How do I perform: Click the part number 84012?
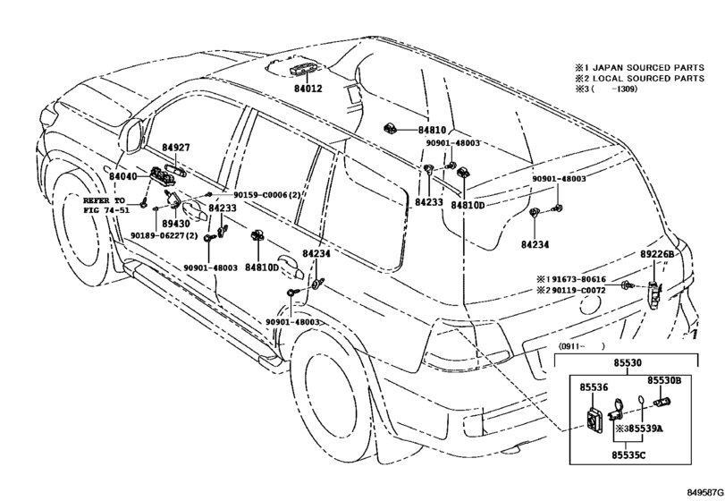[x=308, y=89]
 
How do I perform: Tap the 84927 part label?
[x=176, y=148]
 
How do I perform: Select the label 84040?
[x=123, y=176]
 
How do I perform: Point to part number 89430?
[x=176, y=224]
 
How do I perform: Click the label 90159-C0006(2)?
[x=266, y=195]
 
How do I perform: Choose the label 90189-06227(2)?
[x=164, y=236]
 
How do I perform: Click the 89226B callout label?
[x=657, y=254]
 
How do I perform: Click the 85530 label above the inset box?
[x=628, y=363]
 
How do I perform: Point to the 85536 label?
[x=594, y=387]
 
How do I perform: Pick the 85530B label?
[x=664, y=380]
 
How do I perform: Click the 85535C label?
[x=628, y=455]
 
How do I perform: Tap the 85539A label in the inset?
[x=645, y=429]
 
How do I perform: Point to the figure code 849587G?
[x=704, y=493]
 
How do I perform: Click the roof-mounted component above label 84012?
[x=304, y=70]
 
